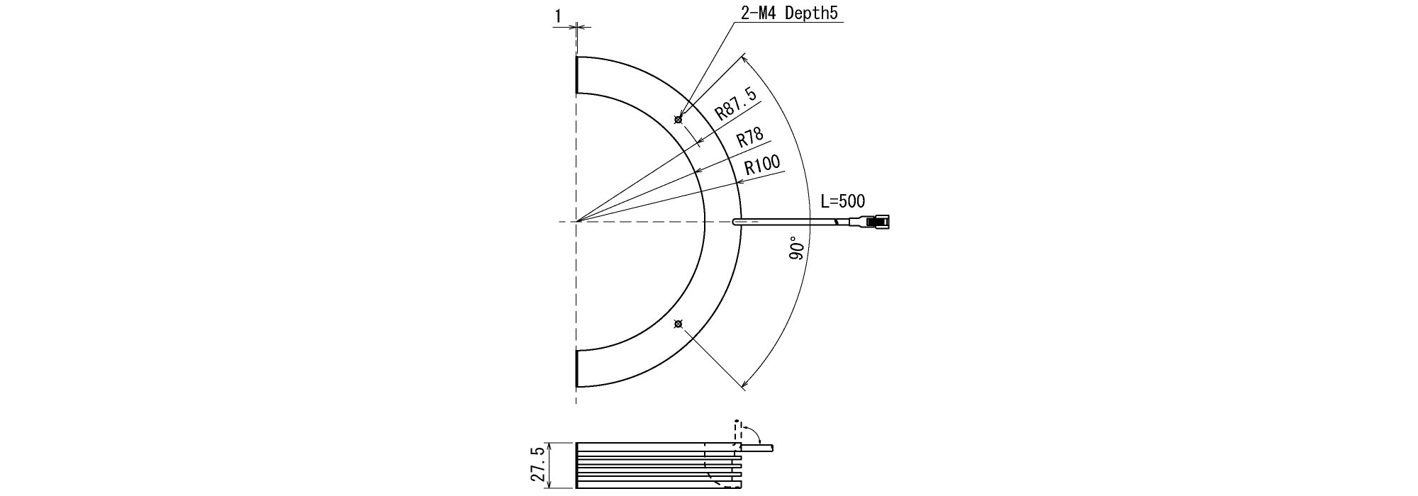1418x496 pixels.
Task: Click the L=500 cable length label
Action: click(842, 201)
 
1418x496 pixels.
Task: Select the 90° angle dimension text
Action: click(798, 250)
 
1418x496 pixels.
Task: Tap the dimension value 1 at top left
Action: click(559, 13)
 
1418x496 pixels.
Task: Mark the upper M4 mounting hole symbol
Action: click(679, 120)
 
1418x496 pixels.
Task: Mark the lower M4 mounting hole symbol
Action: click(679, 325)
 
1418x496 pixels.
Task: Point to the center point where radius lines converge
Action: click(577, 222)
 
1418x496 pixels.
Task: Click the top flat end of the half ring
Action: click(577, 74)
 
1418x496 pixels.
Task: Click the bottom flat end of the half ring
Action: click(577, 368)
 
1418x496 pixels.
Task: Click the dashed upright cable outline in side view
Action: click(737, 431)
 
